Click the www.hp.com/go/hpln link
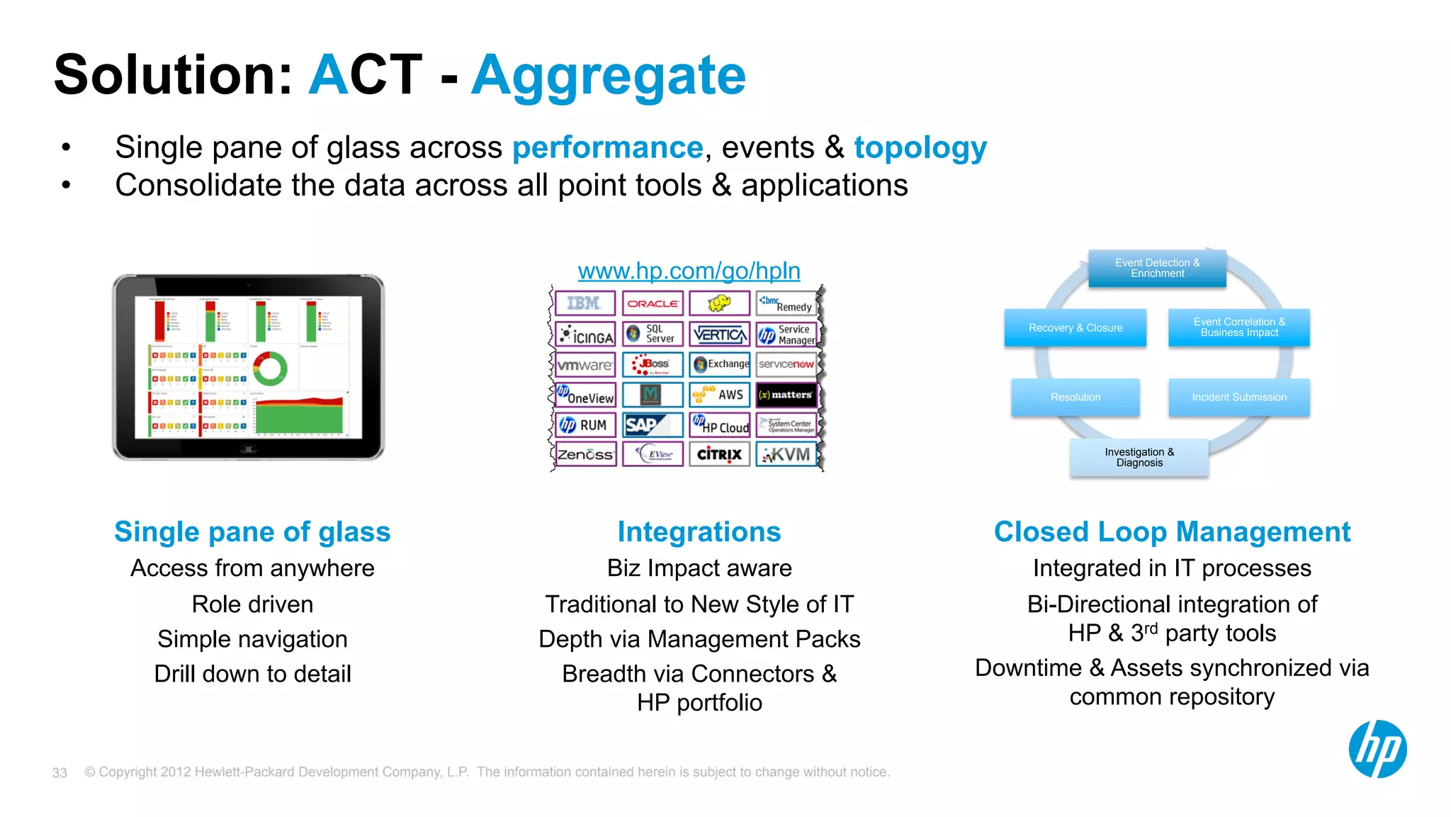(689, 271)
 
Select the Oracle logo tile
(653, 303)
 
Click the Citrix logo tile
(719, 454)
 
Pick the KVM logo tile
(786, 454)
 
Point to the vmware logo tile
(585, 365)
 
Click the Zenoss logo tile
(585, 454)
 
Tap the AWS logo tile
(719, 395)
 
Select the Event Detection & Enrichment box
(1157, 269)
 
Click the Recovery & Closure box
(1075, 328)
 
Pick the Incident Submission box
(1238, 398)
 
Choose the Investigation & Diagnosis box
(1139, 458)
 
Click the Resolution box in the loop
(1075, 398)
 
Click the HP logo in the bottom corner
(1377, 750)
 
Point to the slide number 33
(60, 773)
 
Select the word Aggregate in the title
(609, 76)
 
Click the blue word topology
(920, 148)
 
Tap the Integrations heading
(699, 532)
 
